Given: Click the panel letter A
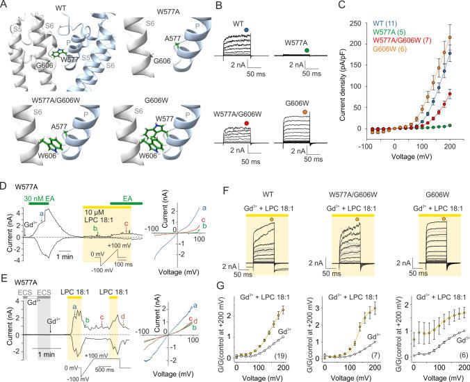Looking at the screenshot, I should tap(5, 6).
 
